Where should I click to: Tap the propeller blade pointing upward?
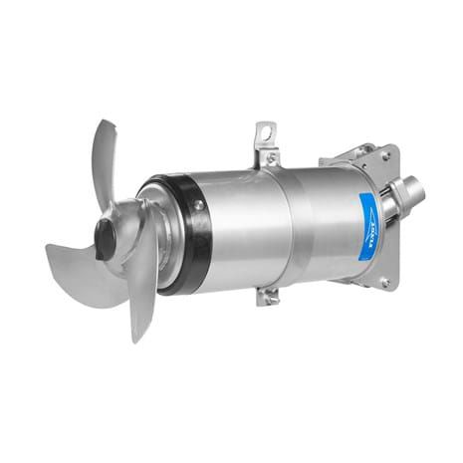[x=109, y=159]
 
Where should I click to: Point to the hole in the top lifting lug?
[x=264, y=129]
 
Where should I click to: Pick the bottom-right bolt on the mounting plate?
[x=383, y=283]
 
